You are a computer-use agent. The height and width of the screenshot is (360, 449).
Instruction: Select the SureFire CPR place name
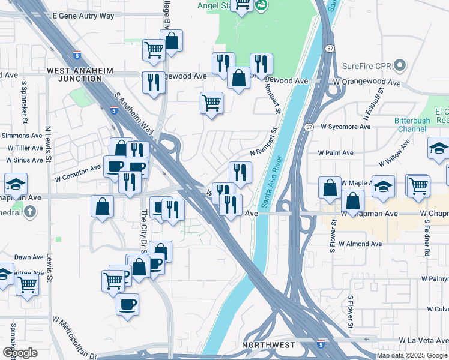[x=367, y=65]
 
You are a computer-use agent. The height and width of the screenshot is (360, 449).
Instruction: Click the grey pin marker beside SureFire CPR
[x=402, y=65]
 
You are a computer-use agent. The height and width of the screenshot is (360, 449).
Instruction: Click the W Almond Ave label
[x=360, y=244]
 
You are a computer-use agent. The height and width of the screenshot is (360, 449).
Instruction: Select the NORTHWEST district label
[x=268, y=345]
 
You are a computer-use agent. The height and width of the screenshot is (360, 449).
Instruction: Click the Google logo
[x=20, y=353]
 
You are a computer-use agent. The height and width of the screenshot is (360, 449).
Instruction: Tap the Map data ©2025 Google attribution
[x=412, y=355]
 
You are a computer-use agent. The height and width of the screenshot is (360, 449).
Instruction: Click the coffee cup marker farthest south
[x=127, y=305]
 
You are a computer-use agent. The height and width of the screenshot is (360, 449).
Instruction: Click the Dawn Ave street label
[x=29, y=257]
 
